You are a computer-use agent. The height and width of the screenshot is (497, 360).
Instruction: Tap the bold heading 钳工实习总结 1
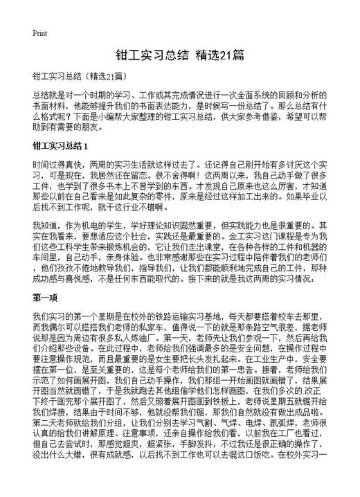61,147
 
